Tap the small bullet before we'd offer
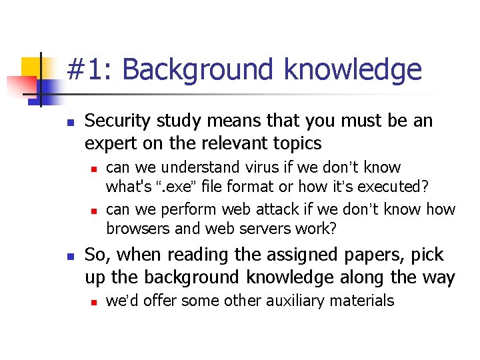coord(94,302)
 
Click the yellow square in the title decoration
coord(31,67)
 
